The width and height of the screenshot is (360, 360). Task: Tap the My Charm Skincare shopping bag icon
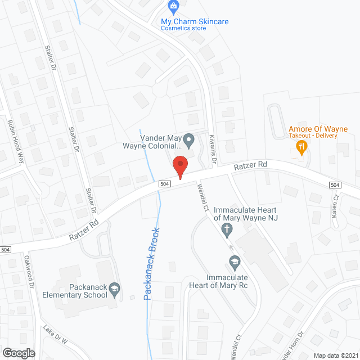pos(173,7)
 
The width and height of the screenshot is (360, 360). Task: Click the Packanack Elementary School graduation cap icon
pos(114,289)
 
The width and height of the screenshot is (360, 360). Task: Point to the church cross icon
pos(227,228)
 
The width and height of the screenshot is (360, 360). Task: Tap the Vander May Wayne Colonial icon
pos(190,138)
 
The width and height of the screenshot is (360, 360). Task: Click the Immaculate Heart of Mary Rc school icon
pos(234,261)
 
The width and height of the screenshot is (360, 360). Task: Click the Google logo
pos(19,353)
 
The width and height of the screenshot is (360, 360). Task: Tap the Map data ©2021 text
pos(334,355)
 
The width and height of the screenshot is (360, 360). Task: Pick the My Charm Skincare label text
pos(195,21)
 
